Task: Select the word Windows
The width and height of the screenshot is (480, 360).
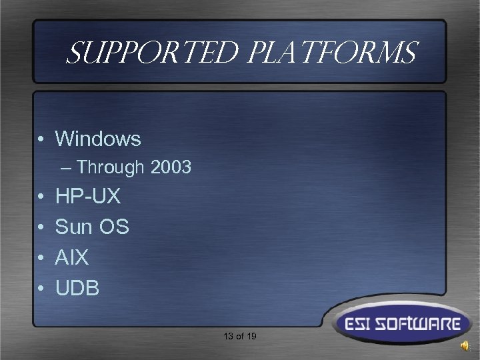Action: (x=98, y=139)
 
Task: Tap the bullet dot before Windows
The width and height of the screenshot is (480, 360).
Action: (x=41, y=139)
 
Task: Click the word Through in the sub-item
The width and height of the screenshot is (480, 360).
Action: (x=113, y=167)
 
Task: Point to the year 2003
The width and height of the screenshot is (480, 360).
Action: (x=171, y=167)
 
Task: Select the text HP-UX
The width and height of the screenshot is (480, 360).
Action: (x=88, y=197)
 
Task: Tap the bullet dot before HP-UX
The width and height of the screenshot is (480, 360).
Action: (x=41, y=197)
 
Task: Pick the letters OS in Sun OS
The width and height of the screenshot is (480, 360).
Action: (x=114, y=227)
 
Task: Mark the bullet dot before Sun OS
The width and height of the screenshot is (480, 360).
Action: (x=41, y=228)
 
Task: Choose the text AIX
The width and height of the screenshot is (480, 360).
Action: (x=72, y=257)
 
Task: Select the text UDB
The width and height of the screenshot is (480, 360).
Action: (x=77, y=288)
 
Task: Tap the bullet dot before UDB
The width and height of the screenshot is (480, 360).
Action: (x=41, y=289)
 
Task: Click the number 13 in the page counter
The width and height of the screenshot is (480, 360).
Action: (x=229, y=337)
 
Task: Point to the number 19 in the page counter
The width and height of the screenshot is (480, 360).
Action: (x=251, y=337)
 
